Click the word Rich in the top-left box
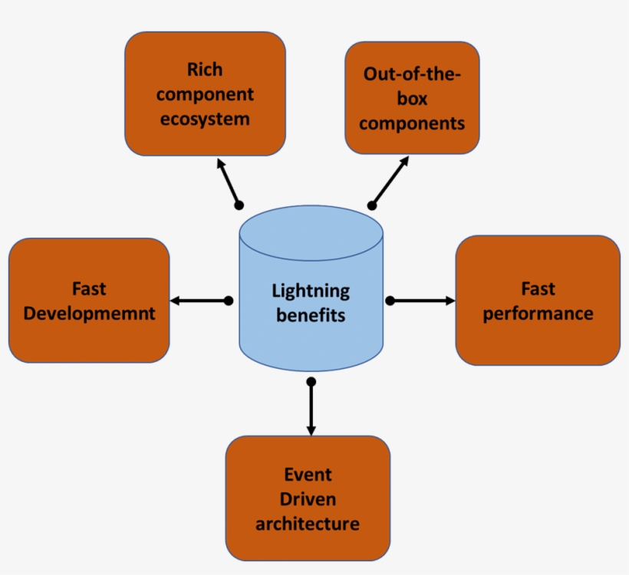tap(205, 70)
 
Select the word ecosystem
tap(205, 120)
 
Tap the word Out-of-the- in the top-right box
tap(412, 74)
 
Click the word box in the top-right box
tap(412, 99)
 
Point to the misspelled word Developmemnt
tap(89, 314)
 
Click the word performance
tap(538, 314)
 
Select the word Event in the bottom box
tap(308, 474)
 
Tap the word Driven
tap(308, 499)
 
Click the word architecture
tap(308, 524)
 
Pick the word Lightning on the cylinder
tap(311, 291)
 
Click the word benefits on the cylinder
tap(311, 315)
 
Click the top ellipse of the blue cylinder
tap(311, 231)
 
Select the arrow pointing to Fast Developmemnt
tap(199, 301)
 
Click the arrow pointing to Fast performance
tap(422, 301)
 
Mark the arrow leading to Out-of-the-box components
tap(390, 181)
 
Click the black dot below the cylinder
tap(311, 381)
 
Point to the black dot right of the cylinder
tap(389, 301)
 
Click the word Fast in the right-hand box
tap(538, 289)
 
